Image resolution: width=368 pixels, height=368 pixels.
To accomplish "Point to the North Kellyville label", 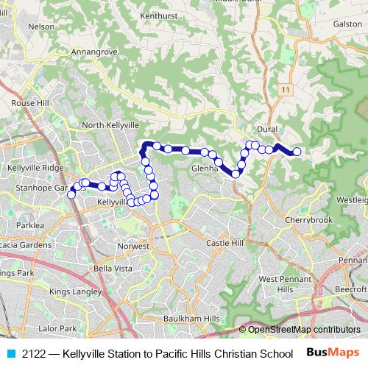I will (x=110, y=126).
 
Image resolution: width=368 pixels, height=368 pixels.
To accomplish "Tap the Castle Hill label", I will (x=224, y=242).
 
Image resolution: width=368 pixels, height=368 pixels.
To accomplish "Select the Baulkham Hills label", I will (x=191, y=318).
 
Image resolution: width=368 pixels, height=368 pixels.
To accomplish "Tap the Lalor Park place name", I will (x=57, y=328).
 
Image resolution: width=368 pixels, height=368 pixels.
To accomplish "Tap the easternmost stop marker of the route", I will (x=297, y=152).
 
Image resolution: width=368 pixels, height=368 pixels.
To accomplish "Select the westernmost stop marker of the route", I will (x=71, y=194).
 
